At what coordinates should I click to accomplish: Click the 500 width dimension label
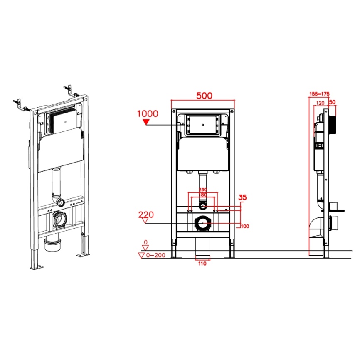tap(204, 96)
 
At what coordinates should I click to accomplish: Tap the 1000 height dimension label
tap(148, 113)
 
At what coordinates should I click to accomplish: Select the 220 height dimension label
tap(146, 215)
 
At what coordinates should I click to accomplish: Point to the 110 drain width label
tap(202, 264)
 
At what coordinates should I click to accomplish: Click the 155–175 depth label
tap(319, 94)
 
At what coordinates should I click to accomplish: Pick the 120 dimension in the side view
tap(320, 103)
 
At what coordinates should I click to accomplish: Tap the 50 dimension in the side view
tap(332, 102)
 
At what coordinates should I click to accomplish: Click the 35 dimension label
tap(242, 197)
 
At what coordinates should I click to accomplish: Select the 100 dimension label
tap(245, 226)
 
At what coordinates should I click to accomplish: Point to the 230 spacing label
tap(203, 190)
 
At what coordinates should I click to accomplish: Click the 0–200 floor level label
tap(155, 255)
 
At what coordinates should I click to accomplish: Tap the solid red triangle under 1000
tap(146, 122)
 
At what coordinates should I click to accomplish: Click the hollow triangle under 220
tap(145, 220)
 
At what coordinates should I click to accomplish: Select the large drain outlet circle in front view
tap(202, 223)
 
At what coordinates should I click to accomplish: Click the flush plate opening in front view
tap(202, 125)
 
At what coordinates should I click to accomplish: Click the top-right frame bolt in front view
tap(232, 112)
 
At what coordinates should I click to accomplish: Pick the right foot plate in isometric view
tap(83, 254)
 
